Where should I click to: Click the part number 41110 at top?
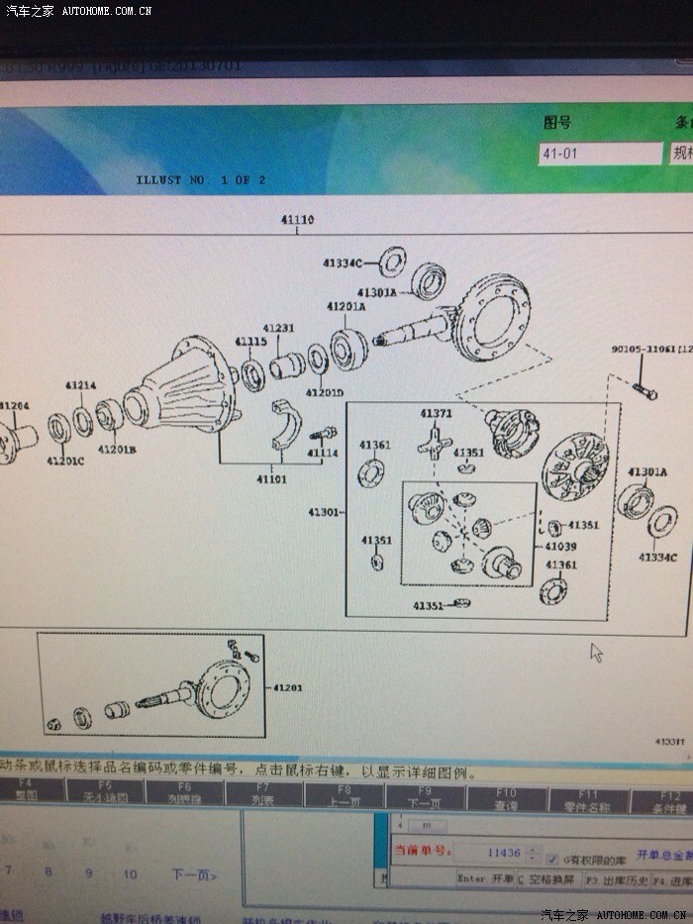coord(297,220)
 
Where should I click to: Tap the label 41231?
coord(278,328)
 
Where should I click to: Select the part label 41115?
coord(250,342)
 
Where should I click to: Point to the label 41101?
coord(272,479)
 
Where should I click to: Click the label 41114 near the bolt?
coord(322,454)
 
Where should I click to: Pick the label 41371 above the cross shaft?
coord(436,414)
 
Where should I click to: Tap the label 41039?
coord(560,546)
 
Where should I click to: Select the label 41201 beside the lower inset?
coord(287,687)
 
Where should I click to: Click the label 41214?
coord(81,385)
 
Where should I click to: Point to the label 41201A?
coord(346,307)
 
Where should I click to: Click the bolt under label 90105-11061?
coord(642,392)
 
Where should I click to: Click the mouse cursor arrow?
coord(596,652)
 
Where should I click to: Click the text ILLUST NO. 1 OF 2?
coord(201,180)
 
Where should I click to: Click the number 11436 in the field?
coord(504,853)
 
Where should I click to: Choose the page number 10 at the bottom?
coord(130,873)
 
